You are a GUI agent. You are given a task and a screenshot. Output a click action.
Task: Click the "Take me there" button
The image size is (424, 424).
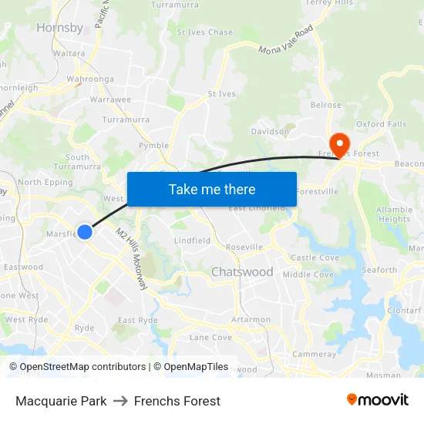212,190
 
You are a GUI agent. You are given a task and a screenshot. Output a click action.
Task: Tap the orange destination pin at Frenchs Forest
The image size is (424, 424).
338,143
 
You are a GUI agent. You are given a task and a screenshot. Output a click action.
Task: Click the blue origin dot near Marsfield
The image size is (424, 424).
85,231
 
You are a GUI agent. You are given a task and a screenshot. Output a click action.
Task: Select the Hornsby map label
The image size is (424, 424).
59,28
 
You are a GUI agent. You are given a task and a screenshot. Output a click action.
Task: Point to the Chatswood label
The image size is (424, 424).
242,272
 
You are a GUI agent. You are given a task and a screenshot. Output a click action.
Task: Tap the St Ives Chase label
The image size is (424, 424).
204,32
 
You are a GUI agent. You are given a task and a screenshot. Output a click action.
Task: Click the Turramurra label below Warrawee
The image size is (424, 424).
126,119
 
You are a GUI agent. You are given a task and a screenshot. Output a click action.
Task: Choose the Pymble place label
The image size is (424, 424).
153,146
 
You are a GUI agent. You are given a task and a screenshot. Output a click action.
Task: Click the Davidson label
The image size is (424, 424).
271,132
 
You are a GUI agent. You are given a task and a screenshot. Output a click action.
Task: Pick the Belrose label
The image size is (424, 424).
325,106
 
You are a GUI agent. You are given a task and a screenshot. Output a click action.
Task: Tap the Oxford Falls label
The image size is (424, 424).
381,125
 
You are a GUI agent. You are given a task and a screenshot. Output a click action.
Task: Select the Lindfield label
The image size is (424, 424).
192,241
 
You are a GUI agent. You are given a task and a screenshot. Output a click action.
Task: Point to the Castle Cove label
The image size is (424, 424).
315,257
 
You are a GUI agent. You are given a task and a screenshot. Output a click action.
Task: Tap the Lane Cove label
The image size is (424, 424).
210,337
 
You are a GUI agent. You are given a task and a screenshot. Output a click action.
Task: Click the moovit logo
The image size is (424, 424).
377,400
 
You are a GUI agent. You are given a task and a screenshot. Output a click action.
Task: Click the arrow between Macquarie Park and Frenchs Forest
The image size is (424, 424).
120,401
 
